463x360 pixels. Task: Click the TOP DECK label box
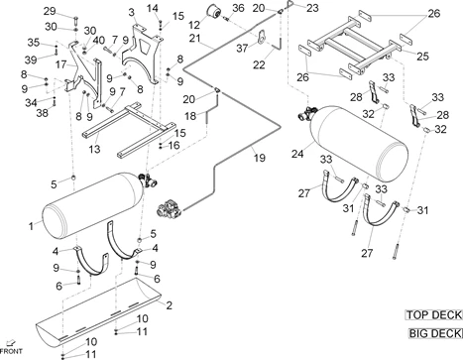tap(433, 315)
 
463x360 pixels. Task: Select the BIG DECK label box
tap(435, 333)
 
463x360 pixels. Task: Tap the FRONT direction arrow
tap(11, 343)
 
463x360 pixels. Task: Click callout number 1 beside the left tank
tap(31, 226)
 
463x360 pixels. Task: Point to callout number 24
tap(297, 154)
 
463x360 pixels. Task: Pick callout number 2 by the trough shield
tap(169, 305)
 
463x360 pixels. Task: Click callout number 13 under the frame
tap(94, 149)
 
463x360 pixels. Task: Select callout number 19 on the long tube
tap(260, 158)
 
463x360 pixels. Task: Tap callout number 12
tap(194, 25)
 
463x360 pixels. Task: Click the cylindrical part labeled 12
tap(214, 12)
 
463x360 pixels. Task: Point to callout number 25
tap(422, 57)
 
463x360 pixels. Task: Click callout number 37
tap(242, 49)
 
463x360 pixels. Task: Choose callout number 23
tap(312, 8)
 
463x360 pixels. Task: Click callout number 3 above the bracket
tap(132, 12)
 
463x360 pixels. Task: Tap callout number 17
tap(60, 64)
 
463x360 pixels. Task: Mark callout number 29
tap(50, 11)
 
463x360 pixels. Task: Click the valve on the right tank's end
tap(307, 113)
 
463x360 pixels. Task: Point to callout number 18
tap(190, 116)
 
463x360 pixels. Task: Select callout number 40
tap(98, 41)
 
